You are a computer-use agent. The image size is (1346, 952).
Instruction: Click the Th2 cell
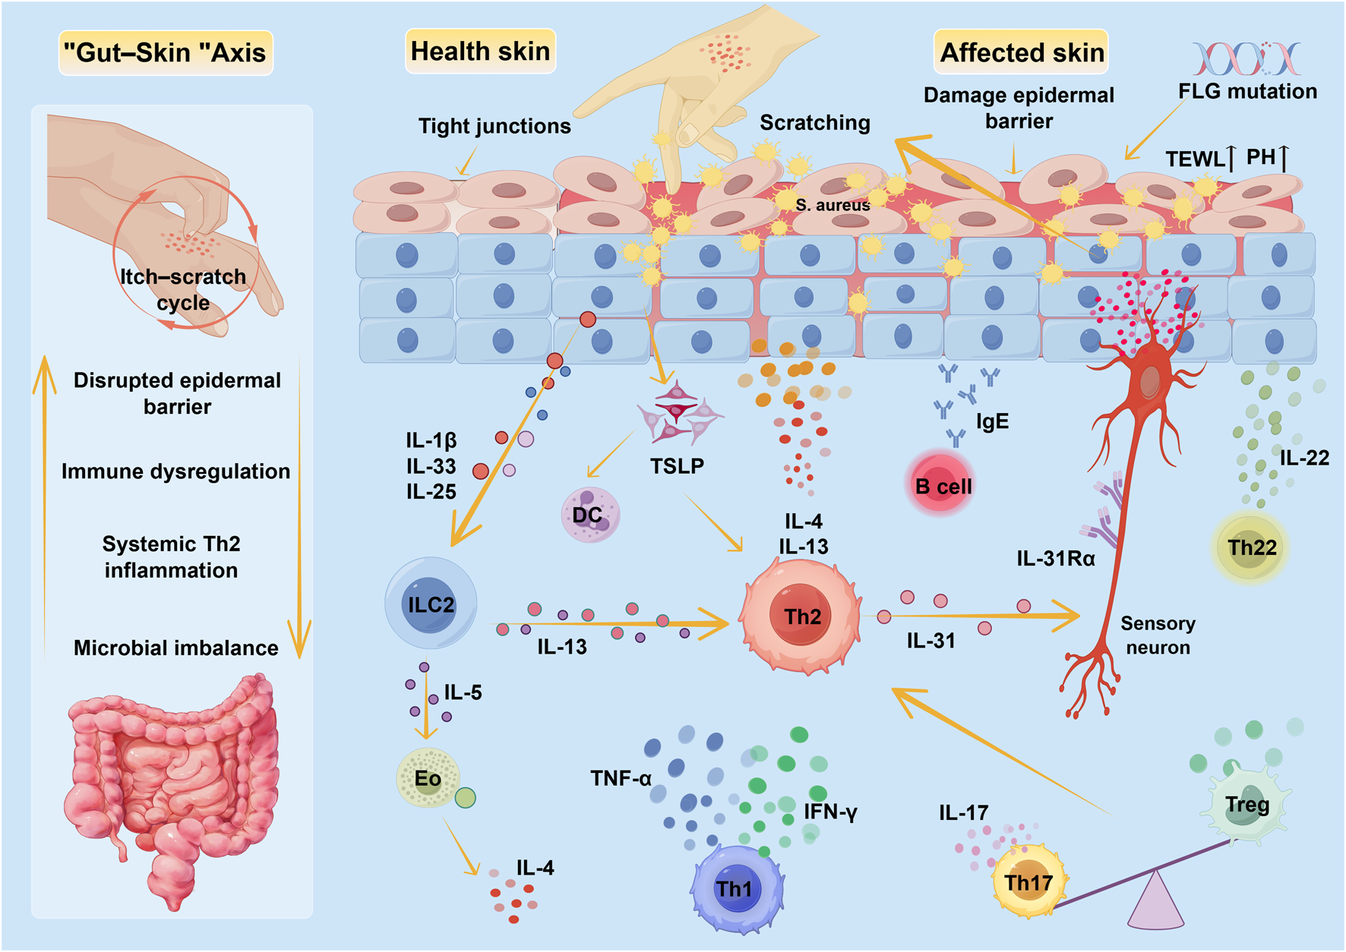(801, 616)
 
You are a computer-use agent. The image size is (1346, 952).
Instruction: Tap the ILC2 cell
(431, 604)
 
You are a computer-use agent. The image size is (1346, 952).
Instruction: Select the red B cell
(942, 484)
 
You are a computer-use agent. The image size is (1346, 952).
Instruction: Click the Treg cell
(1246, 805)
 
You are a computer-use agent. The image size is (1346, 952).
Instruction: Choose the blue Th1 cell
(735, 888)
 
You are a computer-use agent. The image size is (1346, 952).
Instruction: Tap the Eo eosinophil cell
(428, 778)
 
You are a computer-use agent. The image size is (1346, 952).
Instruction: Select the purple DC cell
(589, 515)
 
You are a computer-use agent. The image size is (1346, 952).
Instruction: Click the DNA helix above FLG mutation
(1246, 58)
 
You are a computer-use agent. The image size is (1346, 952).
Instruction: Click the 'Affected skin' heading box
(1021, 52)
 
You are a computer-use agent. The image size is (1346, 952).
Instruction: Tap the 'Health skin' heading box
(480, 52)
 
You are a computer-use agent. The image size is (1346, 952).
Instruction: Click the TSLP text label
(677, 465)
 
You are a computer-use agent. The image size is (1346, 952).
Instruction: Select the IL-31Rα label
(1056, 559)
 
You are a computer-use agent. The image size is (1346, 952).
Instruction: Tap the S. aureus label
(833, 205)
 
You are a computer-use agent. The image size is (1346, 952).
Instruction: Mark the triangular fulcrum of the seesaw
(1155, 903)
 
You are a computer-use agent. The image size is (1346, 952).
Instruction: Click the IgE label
(992, 422)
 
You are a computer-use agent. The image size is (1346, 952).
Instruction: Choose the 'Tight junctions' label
(494, 126)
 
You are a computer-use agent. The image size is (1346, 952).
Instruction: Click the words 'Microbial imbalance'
(175, 648)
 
